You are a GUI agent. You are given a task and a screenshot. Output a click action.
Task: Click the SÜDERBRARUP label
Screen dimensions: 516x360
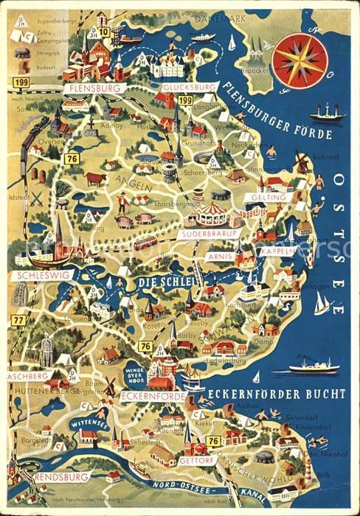click(206, 234)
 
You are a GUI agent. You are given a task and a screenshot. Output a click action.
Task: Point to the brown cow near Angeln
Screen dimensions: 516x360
click(96, 178)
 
